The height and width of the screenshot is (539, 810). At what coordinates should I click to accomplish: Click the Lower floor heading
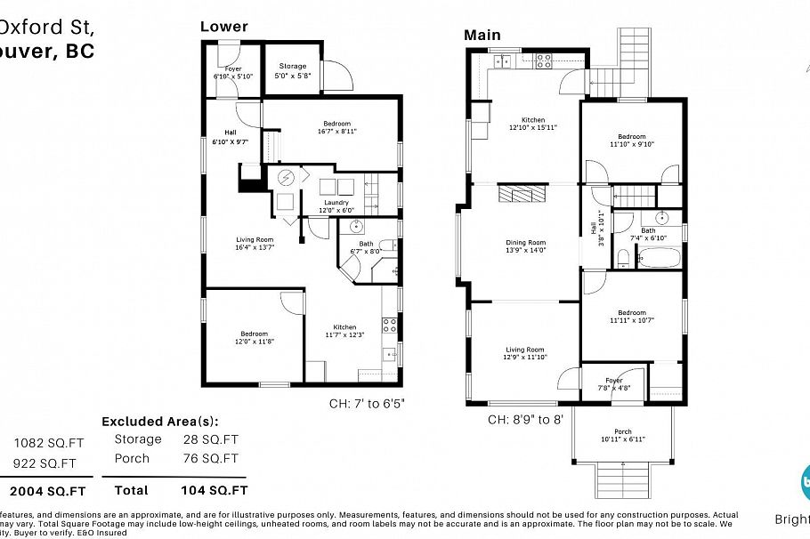tap(223, 27)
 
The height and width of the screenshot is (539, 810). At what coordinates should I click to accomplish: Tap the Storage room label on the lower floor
tap(293, 66)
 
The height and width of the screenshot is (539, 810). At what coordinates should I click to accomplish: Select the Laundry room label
tap(336, 202)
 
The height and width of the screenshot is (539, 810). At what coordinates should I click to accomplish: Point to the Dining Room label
tap(525, 242)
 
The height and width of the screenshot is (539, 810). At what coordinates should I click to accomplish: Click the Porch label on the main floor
tap(622, 432)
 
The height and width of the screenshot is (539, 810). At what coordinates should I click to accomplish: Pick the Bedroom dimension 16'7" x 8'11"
tap(336, 131)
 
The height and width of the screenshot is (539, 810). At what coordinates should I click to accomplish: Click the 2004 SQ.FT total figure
tap(48, 490)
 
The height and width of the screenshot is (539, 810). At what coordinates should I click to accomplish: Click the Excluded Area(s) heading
tap(159, 421)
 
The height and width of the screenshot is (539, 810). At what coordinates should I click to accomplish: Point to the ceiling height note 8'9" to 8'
tap(525, 418)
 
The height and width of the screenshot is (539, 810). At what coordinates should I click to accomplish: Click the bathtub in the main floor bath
tap(658, 259)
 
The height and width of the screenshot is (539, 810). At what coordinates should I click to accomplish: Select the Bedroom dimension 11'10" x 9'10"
tap(631, 144)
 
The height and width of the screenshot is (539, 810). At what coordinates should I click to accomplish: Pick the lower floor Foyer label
tap(233, 68)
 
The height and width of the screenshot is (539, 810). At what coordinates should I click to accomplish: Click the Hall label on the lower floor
tap(230, 133)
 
